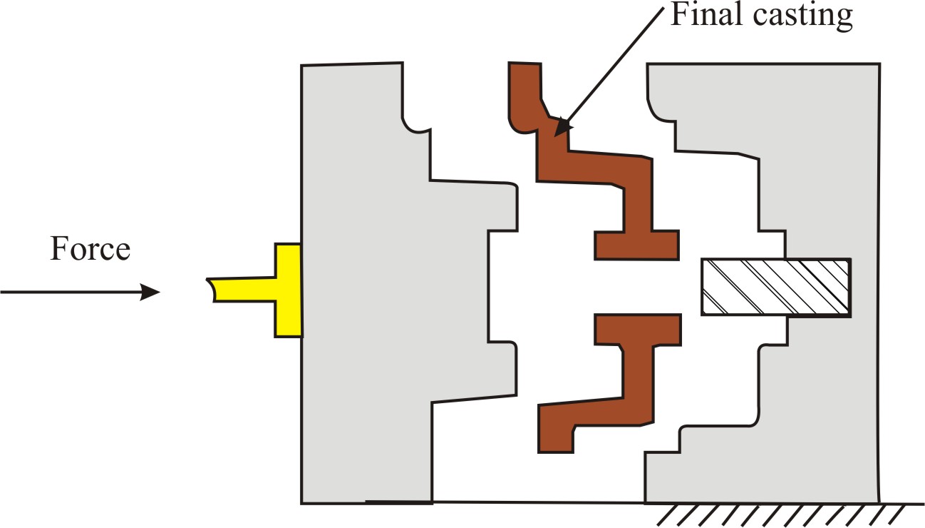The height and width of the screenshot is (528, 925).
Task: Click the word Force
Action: tap(90, 250)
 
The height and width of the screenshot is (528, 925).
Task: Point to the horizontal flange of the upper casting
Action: tap(636, 245)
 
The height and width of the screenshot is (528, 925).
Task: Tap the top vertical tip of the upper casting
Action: tap(524, 78)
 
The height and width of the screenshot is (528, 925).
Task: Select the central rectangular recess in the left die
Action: tap(502, 285)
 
